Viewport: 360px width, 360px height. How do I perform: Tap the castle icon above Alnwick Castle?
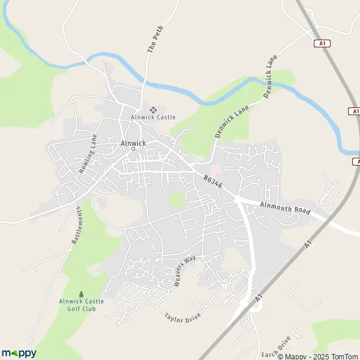154,110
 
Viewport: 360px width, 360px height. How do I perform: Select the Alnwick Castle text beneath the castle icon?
154,118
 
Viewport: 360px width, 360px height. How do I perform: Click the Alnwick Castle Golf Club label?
82,304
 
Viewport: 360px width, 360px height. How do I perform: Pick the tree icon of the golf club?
82,294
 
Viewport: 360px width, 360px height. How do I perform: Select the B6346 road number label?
213,182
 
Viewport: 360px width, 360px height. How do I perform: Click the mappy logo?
19,353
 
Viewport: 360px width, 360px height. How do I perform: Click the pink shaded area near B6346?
215,171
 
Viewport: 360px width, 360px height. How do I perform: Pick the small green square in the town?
175,200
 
